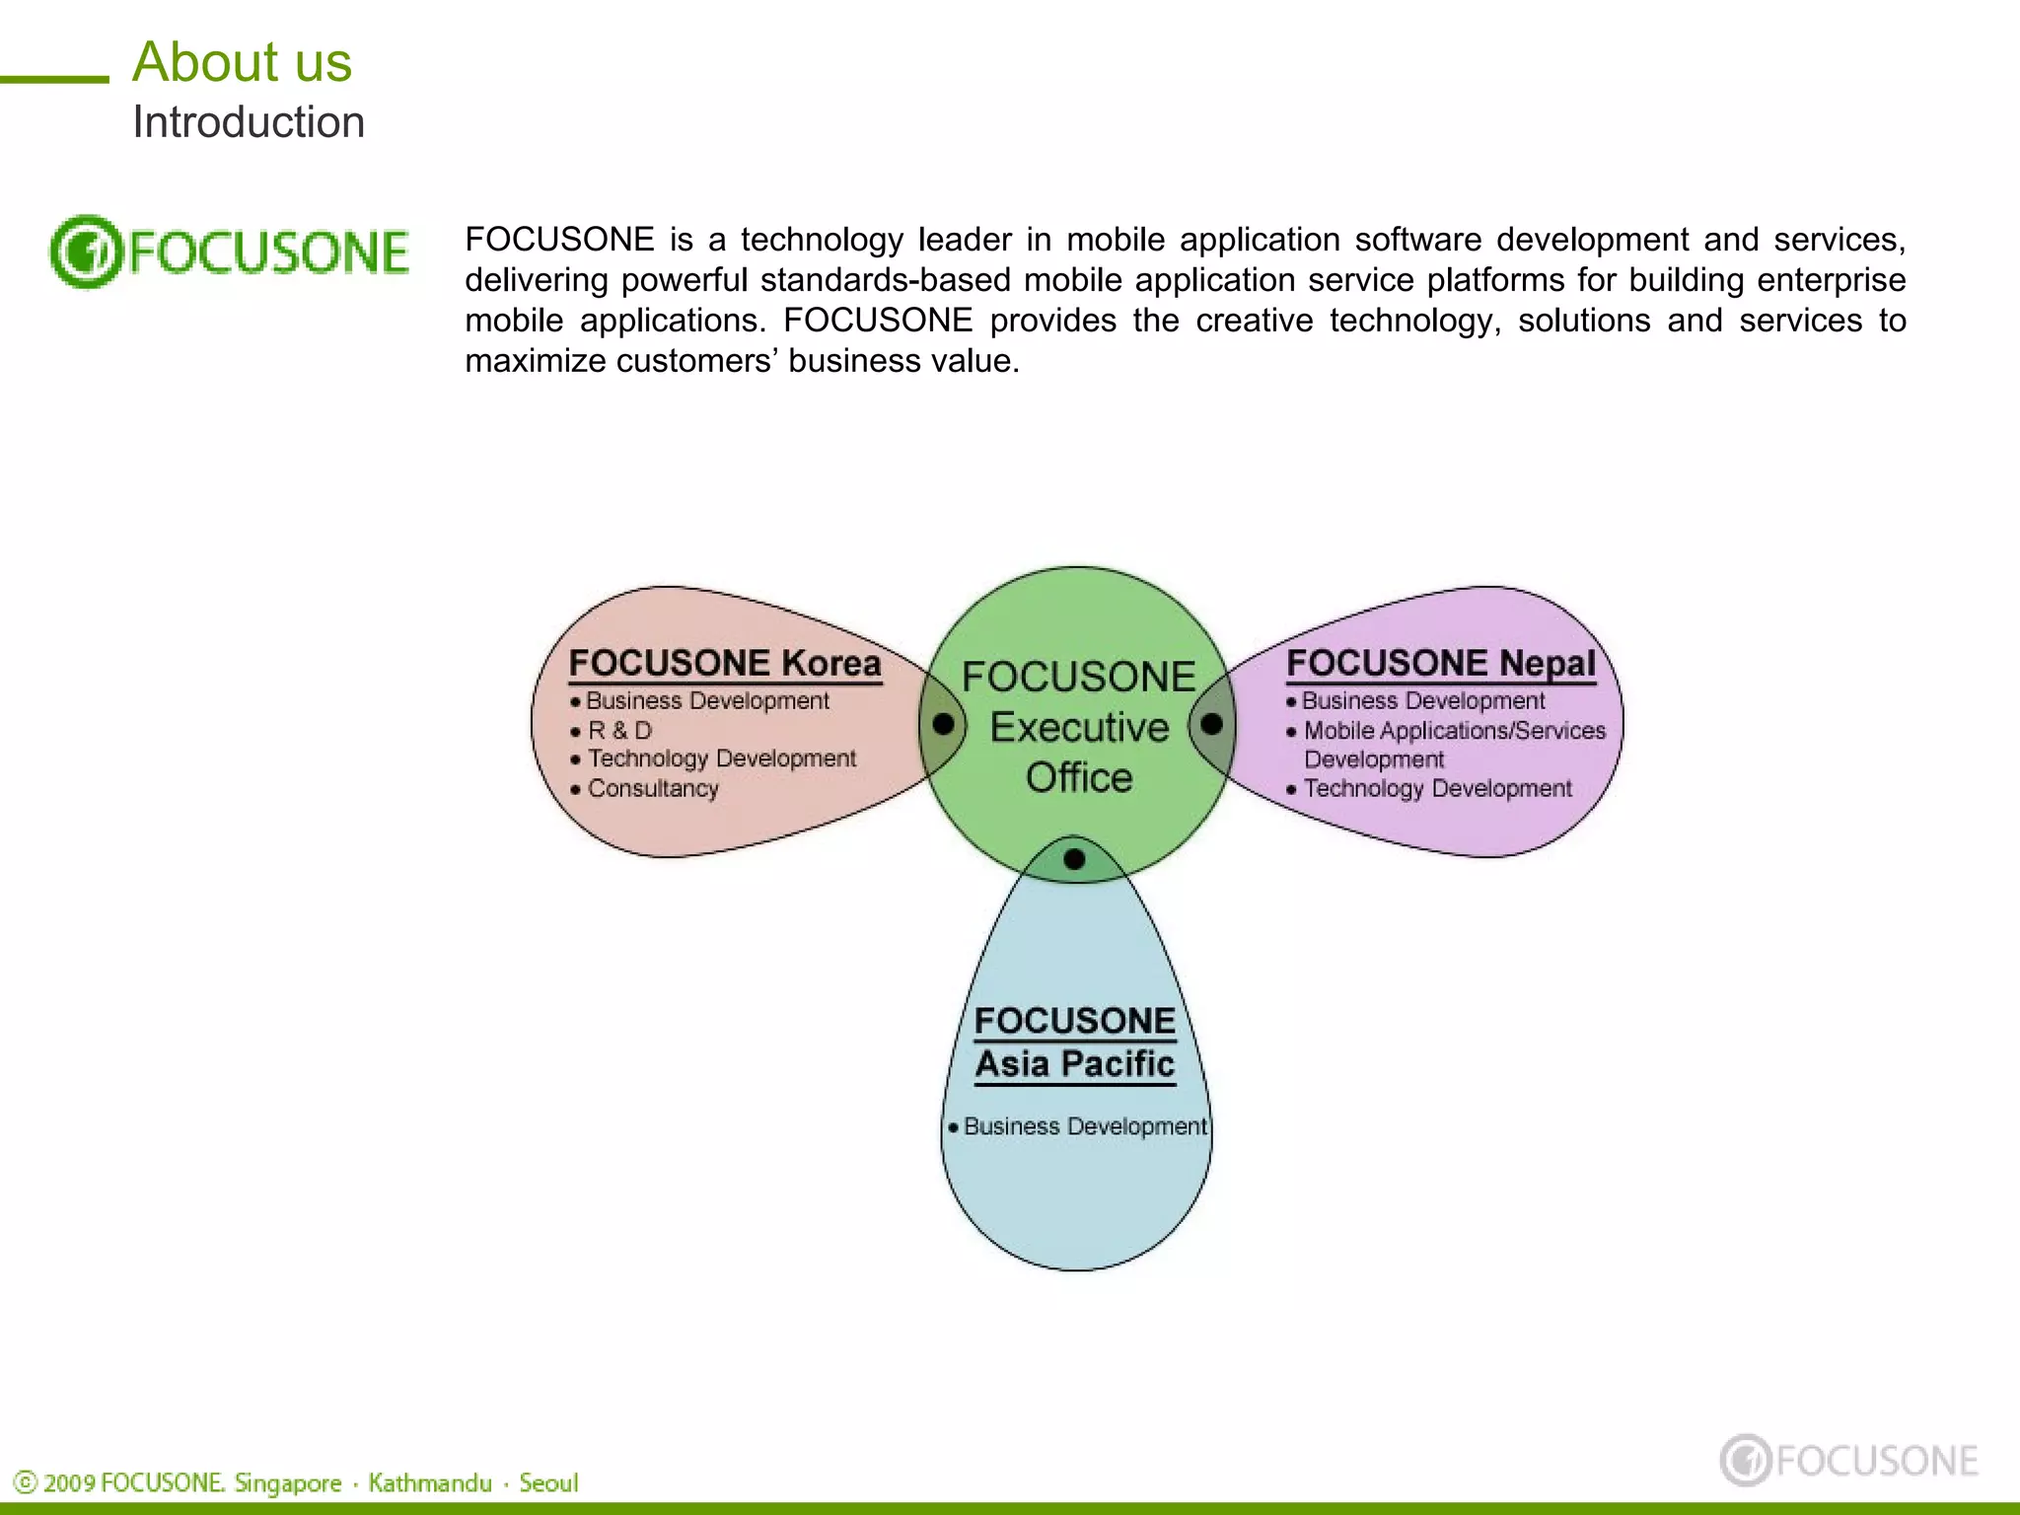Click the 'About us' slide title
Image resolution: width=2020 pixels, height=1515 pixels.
pos(242,62)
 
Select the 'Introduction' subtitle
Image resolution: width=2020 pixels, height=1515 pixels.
pos(249,122)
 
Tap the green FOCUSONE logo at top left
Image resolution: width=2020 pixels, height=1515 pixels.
pos(229,252)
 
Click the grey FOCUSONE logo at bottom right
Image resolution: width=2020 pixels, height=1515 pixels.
pos(1849,1460)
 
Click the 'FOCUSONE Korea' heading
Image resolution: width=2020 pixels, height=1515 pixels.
pos(725,663)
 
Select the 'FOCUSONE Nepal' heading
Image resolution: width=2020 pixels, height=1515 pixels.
pos(1441,663)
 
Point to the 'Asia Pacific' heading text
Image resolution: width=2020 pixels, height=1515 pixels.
pos(1075,1064)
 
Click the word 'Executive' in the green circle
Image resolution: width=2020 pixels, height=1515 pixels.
pos(1079,727)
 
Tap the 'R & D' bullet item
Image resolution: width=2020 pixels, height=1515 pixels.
pos(619,731)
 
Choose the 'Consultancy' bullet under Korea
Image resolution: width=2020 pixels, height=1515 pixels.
pos(653,789)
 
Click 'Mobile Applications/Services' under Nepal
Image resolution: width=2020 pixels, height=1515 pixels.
pos(1454,731)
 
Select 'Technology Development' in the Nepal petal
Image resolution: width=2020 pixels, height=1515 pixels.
pos(1437,789)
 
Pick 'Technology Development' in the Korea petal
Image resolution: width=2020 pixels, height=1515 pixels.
pos(722,758)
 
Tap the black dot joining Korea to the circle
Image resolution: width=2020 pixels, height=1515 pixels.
pos(943,724)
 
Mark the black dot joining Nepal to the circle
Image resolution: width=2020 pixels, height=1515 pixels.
pos(1212,724)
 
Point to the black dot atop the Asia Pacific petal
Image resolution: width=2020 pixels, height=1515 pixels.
pos(1075,859)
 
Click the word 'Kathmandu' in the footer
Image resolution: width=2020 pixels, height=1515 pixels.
pos(430,1482)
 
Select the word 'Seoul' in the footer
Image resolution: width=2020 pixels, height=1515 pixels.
pos(548,1482)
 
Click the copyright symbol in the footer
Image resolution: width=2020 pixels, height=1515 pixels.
pos(26,1482)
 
